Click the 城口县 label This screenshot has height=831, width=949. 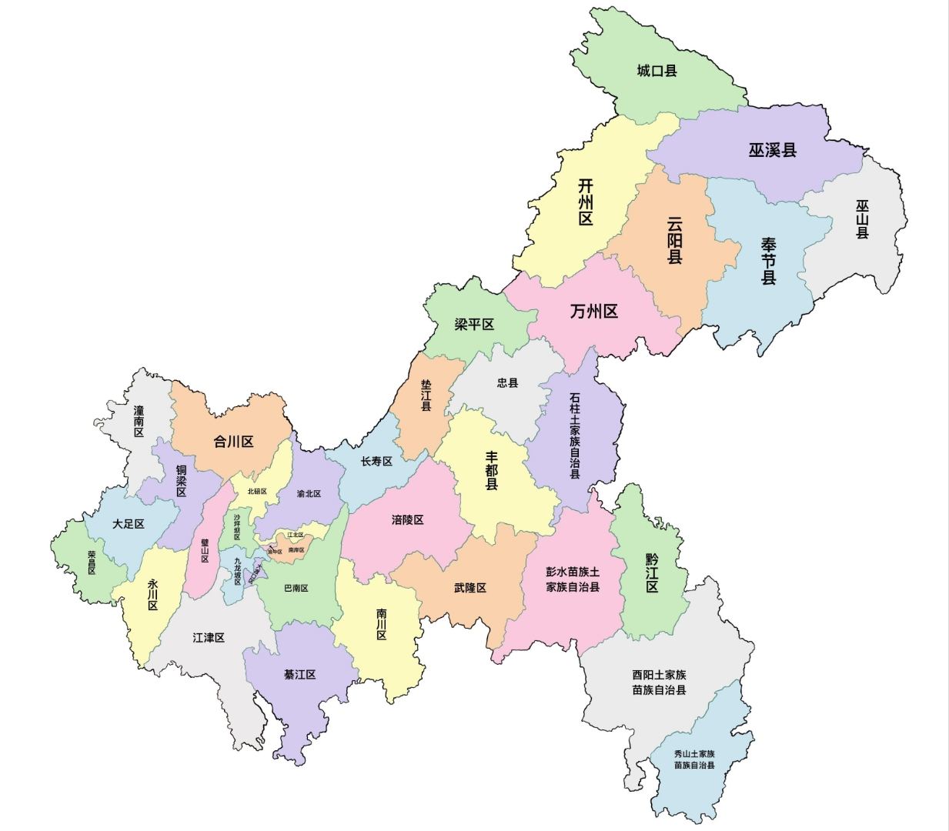pyautogui.click(x=657, y=71)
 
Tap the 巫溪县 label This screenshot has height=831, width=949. pyautogui.click(x=772, y=150)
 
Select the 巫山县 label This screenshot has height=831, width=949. pyautogui.click(x=862, y=219)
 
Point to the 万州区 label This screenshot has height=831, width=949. pyautogui.click(x=593, y=312)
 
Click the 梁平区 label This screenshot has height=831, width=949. pyautogui.click(x=474, y=325)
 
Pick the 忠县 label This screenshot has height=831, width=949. pyautogui.click(x=507, y=382)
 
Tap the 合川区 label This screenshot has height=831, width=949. pyautogui.click(x=233, y=442)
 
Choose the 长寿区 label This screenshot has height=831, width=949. pyautogui.click(x=376, y=461)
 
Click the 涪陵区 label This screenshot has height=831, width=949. pyautogui.click(x=407, y=520)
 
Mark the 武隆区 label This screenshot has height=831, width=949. pyautogui.click(x=469, y=588)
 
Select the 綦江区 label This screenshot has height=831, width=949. pyautogui.click(x=299, y=675)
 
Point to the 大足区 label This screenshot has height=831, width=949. pyautogui.click(x=128, y=524)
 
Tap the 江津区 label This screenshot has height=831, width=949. pyautogui.click(x=208, y=638)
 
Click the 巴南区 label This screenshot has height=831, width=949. pyautogui.click(x=296, y=588)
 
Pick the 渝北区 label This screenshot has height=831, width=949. pyautogui.click(x=309, y=494)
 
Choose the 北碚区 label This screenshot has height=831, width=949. pyautogui.click(x=256, y=492)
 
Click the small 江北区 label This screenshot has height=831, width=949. pyautogui.click(x=296, y=535)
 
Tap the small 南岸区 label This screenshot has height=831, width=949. pyautogui.click(x=296, y=550)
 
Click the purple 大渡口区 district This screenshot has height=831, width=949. pyautogui.click(x=258, y=572)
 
